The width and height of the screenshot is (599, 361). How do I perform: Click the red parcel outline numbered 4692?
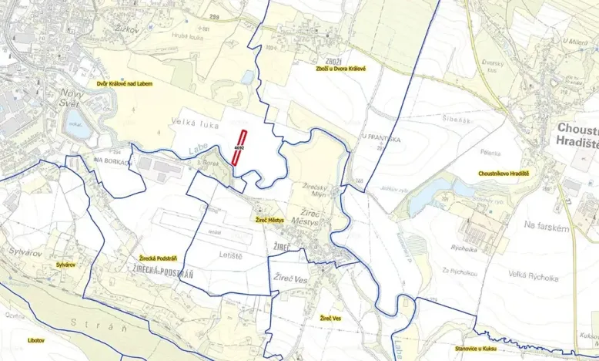pos(239,147)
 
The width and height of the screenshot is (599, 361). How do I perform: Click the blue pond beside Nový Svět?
pos(77,124)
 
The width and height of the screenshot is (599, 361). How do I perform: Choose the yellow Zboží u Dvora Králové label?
pos(340,69)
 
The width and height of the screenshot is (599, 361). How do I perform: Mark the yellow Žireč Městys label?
pos(269,220)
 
